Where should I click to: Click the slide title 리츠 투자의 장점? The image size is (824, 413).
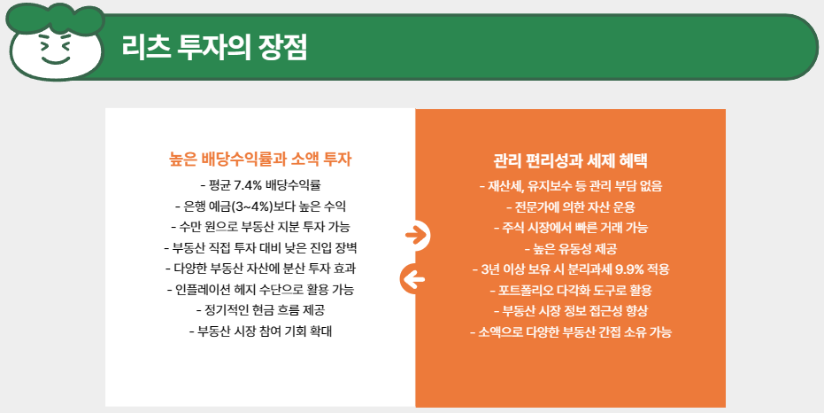[x=216, y=47]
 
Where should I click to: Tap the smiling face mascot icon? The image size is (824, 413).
[x=54, y=43]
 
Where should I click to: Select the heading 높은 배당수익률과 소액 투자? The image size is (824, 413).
[x=261, y=160]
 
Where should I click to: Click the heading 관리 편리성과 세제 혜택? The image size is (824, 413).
[x=570, y=162]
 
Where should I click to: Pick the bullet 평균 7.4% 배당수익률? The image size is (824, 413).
[x=261, y=186]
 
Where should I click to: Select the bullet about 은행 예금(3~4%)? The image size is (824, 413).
[x=261, y=206]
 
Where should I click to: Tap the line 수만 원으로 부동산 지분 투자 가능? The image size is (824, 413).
[x=261, y=227]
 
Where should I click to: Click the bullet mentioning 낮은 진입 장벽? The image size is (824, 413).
[x=261, y=247]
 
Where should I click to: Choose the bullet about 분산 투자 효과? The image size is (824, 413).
[x=261, y=268]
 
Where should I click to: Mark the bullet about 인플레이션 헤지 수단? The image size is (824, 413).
[x=261, y=289]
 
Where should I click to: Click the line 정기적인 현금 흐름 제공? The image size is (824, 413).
[x=261, y=309]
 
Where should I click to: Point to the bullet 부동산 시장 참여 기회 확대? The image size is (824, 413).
[x=261, y=331]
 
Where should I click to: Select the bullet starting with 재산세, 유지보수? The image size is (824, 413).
[x=570, y=187]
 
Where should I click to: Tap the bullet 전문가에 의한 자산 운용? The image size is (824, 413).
[x=570, y=207]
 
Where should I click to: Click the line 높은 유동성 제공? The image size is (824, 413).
[x=570, y=248]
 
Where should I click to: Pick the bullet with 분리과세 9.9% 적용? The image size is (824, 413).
[x=570, y=269]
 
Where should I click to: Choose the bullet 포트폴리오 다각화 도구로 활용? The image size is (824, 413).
[x=570, y=290]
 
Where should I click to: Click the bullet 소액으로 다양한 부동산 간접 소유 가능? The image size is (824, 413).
[x=570, y=331]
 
